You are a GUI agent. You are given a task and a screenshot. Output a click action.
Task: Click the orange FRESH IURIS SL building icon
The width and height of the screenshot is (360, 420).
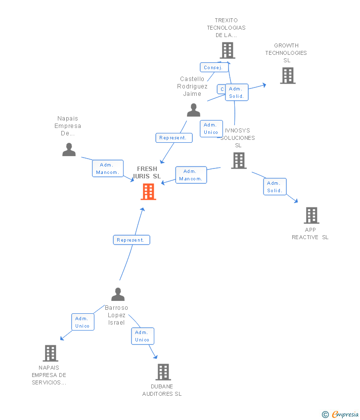coord(148,192)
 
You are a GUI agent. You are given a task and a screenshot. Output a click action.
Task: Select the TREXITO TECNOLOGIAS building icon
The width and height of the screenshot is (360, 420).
coord(227,50)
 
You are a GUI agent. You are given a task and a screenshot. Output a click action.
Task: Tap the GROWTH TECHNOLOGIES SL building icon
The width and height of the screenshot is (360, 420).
coord(287,76)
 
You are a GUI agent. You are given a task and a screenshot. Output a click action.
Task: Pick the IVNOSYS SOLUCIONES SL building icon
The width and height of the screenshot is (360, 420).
coord(238,161)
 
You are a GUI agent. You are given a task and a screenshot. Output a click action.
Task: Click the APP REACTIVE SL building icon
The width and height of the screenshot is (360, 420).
coord(311,215)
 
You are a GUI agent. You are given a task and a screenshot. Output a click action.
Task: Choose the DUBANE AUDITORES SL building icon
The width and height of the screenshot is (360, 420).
coord(163,372)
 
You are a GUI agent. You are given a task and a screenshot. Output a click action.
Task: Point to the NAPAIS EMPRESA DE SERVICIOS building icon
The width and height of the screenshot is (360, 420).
coord(50,353)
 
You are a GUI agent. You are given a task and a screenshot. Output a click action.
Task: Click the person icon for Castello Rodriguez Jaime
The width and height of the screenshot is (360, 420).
coord(193,110)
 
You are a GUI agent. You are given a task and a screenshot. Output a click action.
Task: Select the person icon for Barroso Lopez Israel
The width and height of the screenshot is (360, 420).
coord(118,294)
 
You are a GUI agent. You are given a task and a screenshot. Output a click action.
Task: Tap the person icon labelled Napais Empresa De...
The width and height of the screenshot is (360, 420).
coord(69,149)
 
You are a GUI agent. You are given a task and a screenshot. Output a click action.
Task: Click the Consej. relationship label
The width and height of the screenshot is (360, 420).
coord(213,67)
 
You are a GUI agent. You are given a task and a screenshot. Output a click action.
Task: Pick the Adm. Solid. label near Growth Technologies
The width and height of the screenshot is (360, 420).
coord(236,92)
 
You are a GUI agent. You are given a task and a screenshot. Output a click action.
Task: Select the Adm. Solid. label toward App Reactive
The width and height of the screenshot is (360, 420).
coord(274,187)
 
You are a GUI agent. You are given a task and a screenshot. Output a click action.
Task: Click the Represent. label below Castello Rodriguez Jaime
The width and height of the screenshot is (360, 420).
coord(174,138)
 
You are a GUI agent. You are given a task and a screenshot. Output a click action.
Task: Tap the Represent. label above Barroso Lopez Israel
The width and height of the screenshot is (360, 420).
coord(131,240)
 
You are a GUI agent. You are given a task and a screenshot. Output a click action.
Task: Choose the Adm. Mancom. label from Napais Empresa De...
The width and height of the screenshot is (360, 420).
coord(107,168)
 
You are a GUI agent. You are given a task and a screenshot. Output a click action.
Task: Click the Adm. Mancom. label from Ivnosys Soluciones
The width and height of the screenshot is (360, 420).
coord(191,175)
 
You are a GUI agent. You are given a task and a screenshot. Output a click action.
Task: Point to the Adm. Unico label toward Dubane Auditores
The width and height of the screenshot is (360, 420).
coord(142,336)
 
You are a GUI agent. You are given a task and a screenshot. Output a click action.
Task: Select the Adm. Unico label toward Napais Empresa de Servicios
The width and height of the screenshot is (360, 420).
coord(83,322)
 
